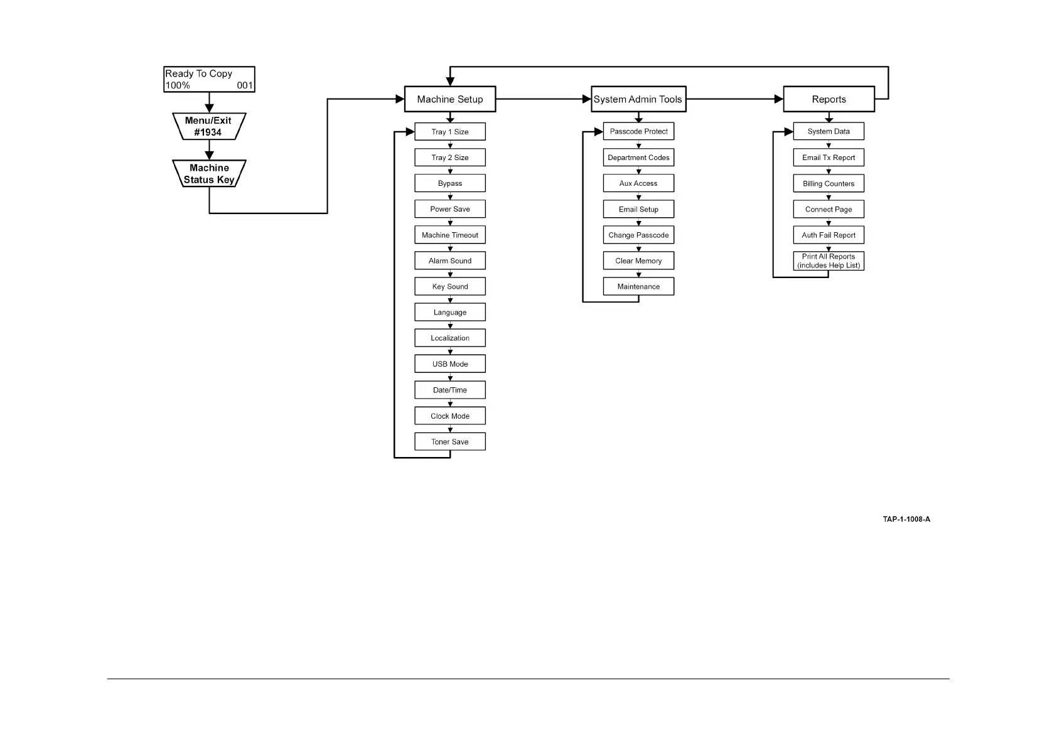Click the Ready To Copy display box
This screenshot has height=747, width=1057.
[x=209, y=80]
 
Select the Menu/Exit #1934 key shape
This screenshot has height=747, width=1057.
[x=209, y=126]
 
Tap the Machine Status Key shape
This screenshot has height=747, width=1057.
[x=209, y=173]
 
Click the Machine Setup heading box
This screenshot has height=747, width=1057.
[x=450, y=99]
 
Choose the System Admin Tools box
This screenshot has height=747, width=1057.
[x=638, y=99]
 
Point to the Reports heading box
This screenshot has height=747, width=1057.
[x=829, y=99]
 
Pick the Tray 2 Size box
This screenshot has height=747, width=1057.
[x=450, y=158]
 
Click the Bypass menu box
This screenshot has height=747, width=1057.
[x=450, y=183]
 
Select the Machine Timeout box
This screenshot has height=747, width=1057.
[x=450, y=235]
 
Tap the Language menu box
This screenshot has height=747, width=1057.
[x=450, y=312]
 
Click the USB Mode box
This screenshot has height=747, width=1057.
[x=450, y=364]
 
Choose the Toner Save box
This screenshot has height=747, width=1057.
[x=450, y=441]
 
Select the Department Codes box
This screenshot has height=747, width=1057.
[x=638, y=158]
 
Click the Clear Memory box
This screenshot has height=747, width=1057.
[x=638, y=261]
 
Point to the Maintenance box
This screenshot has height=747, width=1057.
[x=638, y=286]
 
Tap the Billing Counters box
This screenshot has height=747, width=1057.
[x=829, y=183]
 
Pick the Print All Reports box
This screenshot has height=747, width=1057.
[x=829, y=261]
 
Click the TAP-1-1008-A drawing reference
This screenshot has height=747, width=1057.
[x=906, y=519]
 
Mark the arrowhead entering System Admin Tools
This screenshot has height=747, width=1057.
[x=587, y=99]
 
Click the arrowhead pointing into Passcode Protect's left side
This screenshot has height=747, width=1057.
[x=599, y=132]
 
